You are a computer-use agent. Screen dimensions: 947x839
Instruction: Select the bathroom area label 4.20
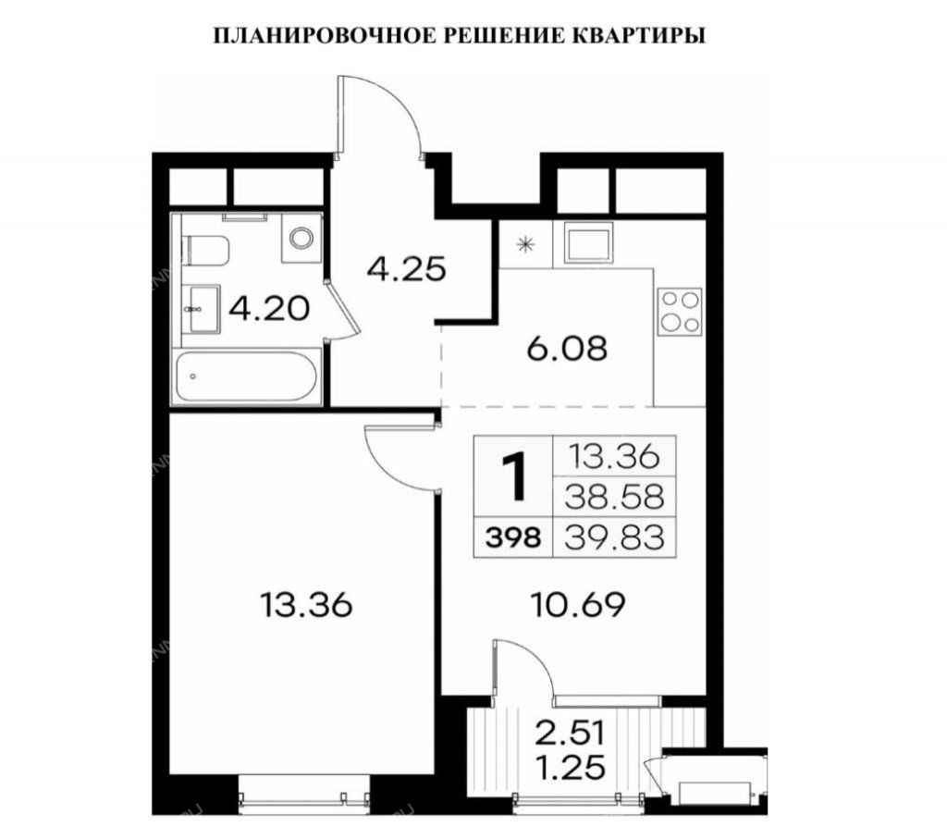[x=269, y=309]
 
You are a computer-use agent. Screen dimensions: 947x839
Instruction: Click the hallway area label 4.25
[x=407, y=269]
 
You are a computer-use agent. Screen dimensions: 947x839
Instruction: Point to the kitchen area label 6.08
[x=567, y=349]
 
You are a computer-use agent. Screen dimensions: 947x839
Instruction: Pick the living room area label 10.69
[x=577, y=605]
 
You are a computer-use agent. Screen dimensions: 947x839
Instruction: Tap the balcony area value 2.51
[x=570, y=734]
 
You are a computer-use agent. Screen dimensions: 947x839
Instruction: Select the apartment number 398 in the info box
[x=512, y=537]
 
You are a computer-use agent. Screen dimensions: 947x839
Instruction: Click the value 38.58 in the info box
[x=614, y=497]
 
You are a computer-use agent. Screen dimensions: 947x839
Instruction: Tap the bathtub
[x=246, y=376]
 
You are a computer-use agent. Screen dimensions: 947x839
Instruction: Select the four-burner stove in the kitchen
[x=680, y=312]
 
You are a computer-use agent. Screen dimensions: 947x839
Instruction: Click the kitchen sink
[x=588, y=242]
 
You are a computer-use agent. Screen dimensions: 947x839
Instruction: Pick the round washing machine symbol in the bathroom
[x=301, y=238]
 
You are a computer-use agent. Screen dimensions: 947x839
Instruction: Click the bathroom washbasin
[x=200, y=309]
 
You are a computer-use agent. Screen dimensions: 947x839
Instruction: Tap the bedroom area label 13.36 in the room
[x=306, y=605]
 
